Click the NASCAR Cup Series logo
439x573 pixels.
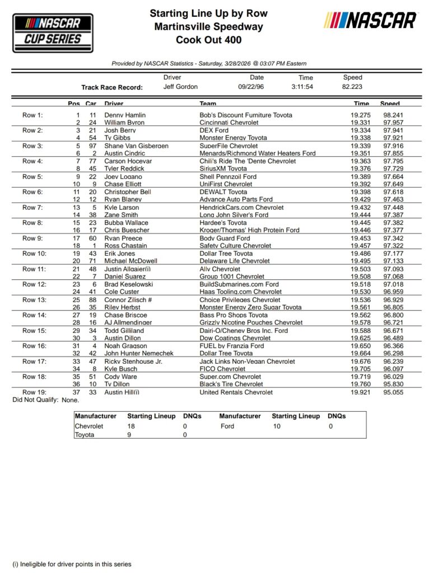pyautogui.click(x=53, y=32)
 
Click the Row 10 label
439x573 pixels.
pyautogui.click(x=34, y=253)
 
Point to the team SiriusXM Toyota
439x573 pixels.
pyautogui.click(x=223, y=168)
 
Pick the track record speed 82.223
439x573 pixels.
pyautogui.click(x=353, y=87)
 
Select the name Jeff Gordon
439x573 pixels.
pyautogui.click(x=180, y=87)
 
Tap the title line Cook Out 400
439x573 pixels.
pyautogui.click(x=208, y=40)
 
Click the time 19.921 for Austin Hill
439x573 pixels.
pyautogui.click(x=361, y=392)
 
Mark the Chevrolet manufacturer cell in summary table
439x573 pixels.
pyautogui.click(x=89, y=426)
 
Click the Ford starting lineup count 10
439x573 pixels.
pyautogui.click(x=278, y=426)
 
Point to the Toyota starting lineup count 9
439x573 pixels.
pyautogui.click(x=129, y=435)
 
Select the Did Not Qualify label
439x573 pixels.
pyautogui.click(x=36, y=400)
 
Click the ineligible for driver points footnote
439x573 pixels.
pyautogui.click(x=72, y=564)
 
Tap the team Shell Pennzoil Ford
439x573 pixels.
pyautogui.click(x=228, y=177)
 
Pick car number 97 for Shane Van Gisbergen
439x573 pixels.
pyautogui.click(x=92, y=146)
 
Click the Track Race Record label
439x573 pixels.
pyautogui.click(x=112, y=87)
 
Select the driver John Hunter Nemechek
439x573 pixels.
pyautogui.click(x=138, y=353)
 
